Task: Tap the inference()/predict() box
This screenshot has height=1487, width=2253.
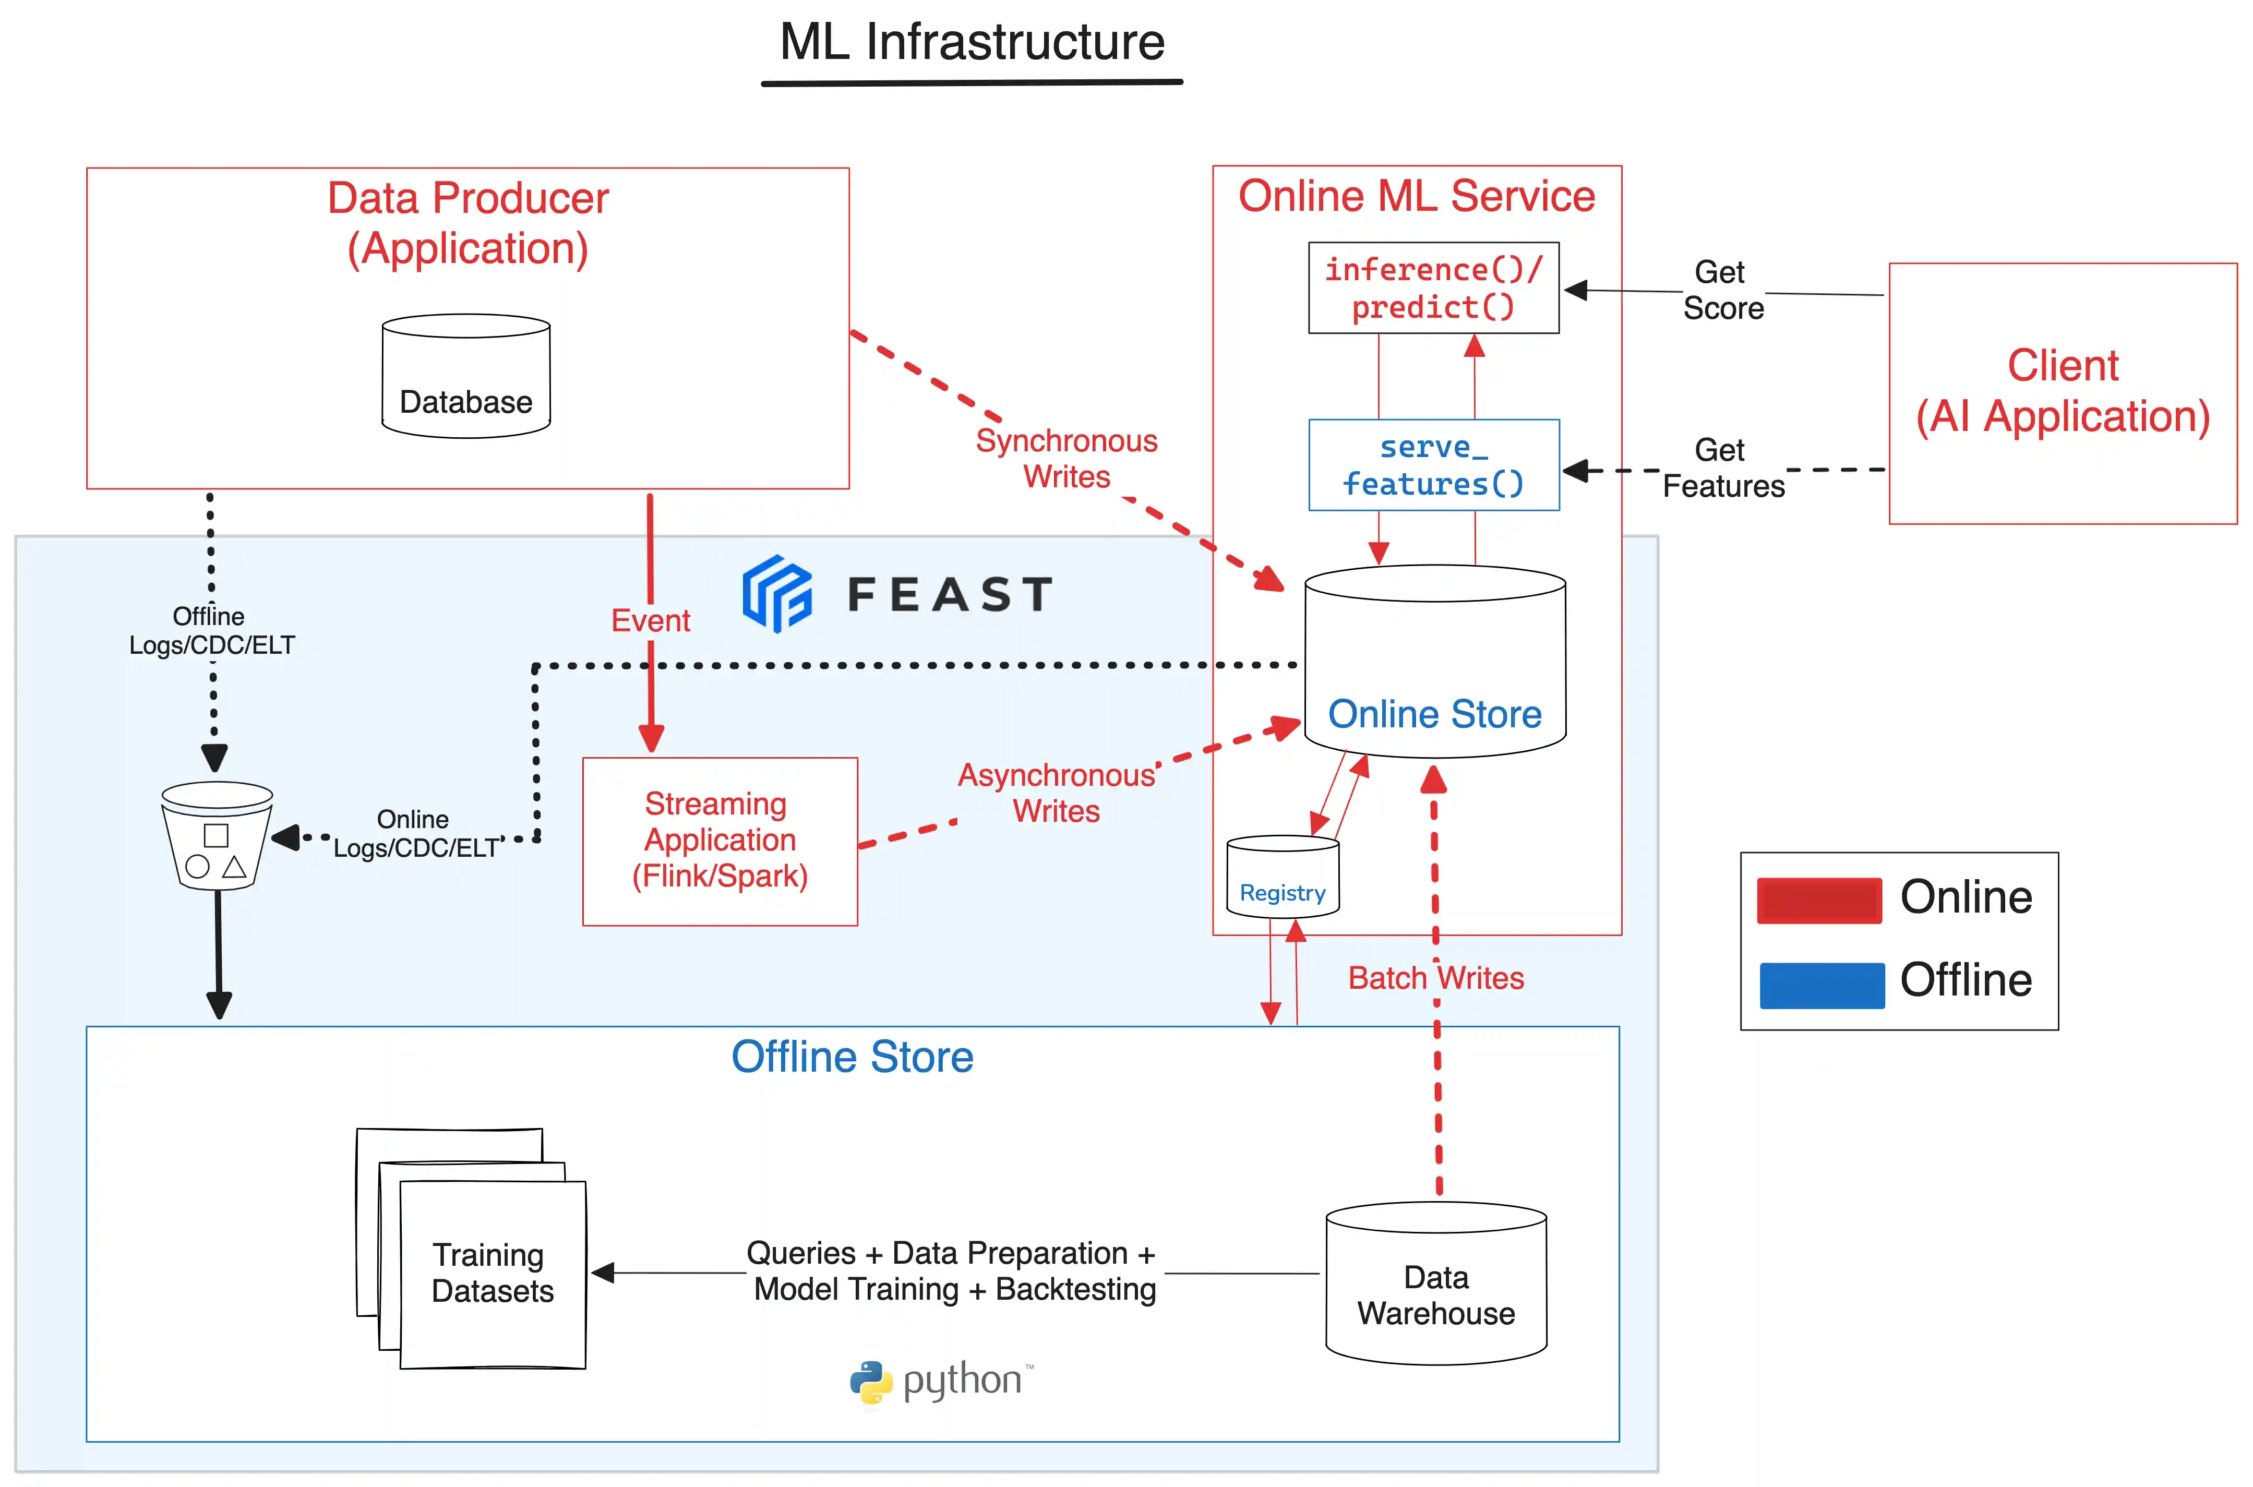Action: (1433, 289)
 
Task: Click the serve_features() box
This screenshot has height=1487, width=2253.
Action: (1433, 465)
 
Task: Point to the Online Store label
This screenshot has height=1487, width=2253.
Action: (1434, 714)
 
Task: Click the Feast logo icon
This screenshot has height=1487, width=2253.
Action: (776, 594)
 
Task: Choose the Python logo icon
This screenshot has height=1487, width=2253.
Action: (870, 1382)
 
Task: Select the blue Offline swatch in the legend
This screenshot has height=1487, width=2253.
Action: (1820, 985)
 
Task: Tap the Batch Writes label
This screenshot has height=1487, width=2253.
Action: (1435, 978)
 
